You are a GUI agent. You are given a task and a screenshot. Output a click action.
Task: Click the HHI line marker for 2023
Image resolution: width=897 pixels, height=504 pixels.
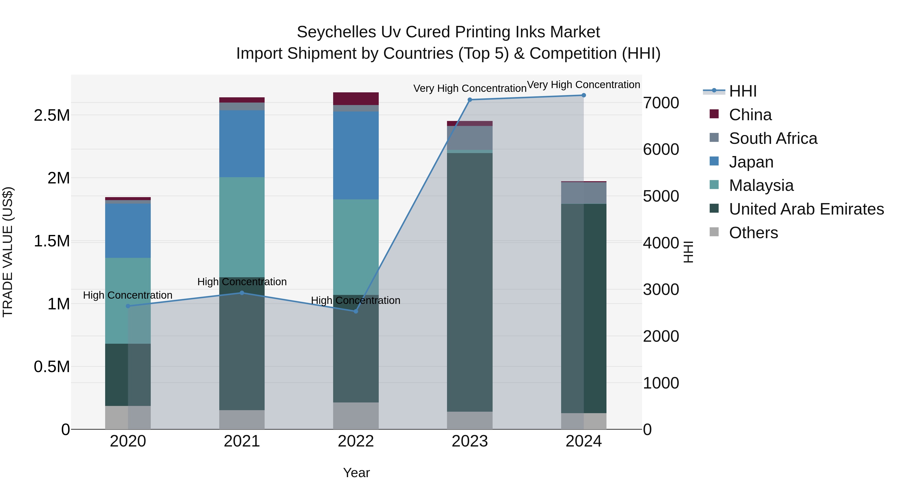pyautogui.click(x=470, y=100)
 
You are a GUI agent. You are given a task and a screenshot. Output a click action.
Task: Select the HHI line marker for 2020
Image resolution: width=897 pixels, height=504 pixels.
pyautogui.click(x=128, y=306)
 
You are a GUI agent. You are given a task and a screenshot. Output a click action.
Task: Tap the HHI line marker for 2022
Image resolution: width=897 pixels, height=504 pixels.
pyautogui.click(x=356, y=311)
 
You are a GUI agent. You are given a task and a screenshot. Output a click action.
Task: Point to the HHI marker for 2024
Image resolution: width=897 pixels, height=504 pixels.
pyautogui.click(x=584, y=95)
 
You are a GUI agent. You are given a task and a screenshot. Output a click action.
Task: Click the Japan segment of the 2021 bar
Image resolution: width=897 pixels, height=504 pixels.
pyautogui.click(x=242, y=144)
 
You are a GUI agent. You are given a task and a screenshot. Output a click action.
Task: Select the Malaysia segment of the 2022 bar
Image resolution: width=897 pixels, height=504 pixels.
pyautogui.click(x=356, y=247)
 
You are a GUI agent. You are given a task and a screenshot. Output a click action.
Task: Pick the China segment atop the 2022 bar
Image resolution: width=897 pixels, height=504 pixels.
pyautogui.click(x=356, y=99)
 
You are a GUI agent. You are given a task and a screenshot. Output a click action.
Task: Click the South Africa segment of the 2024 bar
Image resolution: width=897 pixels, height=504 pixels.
pyautogui.click(x=584, y=193)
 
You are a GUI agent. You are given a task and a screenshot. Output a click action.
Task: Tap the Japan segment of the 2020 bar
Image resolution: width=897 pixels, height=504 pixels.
pyautogui.click(x=128, y=231)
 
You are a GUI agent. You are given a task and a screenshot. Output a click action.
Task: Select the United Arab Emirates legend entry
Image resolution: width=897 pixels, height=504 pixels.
pyautogui.click(x=806, y=209)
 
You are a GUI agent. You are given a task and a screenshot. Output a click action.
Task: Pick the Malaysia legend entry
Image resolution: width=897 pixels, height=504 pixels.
pyautogui.click(x=761, y=185)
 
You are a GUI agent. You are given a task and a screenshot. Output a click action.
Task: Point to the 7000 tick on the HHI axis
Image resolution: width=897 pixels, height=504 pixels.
pyautogui.click(x=661, y=103)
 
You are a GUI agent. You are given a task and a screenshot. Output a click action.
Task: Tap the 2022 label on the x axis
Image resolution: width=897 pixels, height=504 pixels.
pyautogui.click(x=356, y=441)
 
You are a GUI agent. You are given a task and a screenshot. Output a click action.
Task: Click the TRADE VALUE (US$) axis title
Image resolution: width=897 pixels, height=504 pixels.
pyautogui.click(x=8, y=252)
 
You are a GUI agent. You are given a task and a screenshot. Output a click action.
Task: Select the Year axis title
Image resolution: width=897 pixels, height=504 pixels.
pyautogui.click(x=356, y=473)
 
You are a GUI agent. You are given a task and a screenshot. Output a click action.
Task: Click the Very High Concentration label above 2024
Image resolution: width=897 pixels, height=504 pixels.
pyautogui.click(x=583, y=85)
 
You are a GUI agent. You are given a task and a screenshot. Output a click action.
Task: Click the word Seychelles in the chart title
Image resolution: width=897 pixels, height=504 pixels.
pyautogui.click(x=336, y=32)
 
